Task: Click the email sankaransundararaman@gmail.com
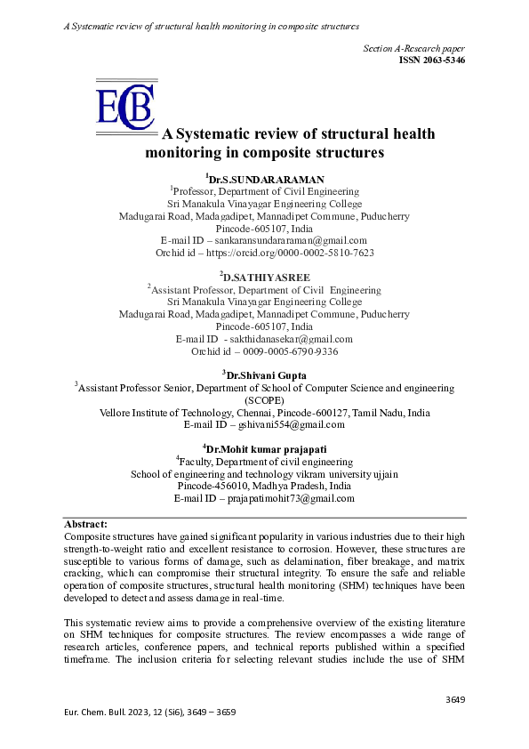tap(309, 240)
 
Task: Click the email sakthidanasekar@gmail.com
tap(291, 339)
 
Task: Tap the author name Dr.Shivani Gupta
tap(266, 376)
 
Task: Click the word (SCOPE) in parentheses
tap(264, 400)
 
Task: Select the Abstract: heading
tap(86, 525)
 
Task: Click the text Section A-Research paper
tap(414, 47)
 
